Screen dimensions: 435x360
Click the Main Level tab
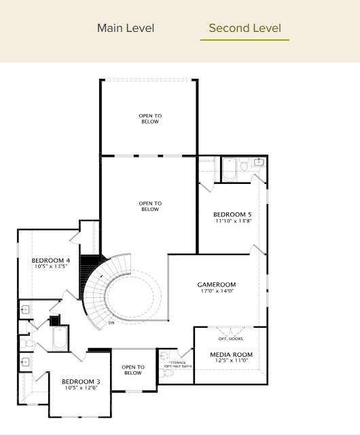[x=126, y=29]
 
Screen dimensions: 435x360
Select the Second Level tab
[x=245, y=29]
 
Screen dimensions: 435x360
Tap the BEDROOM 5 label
[x=232, y=214]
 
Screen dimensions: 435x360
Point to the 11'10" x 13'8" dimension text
[x=232, y=221]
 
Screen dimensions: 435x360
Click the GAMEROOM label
[x=216, y=284]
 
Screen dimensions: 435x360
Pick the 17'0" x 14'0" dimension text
[x=216, y=291]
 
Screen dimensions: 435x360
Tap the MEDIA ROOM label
[x=231, y=354]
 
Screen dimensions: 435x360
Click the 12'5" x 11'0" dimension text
[x=231, y=360]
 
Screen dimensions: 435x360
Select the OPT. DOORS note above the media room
[x=230, y=339]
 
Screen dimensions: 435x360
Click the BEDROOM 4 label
[x=50, y=261]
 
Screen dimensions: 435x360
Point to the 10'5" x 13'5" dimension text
[x=50, y=267]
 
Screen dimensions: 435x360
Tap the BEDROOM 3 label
[x=81, y=381]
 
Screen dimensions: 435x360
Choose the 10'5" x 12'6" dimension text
[x=81, y=388]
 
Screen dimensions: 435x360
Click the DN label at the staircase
[x=111, y=323]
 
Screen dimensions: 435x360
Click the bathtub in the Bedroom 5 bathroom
[x=228, y=170]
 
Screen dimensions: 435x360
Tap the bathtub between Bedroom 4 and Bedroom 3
[x=60, y=339]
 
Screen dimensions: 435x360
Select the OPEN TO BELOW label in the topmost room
[x=149, y=119]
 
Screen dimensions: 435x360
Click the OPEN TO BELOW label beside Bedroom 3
[x=133, y=370]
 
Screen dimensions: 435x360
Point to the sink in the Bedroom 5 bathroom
[x=258, y=162]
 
